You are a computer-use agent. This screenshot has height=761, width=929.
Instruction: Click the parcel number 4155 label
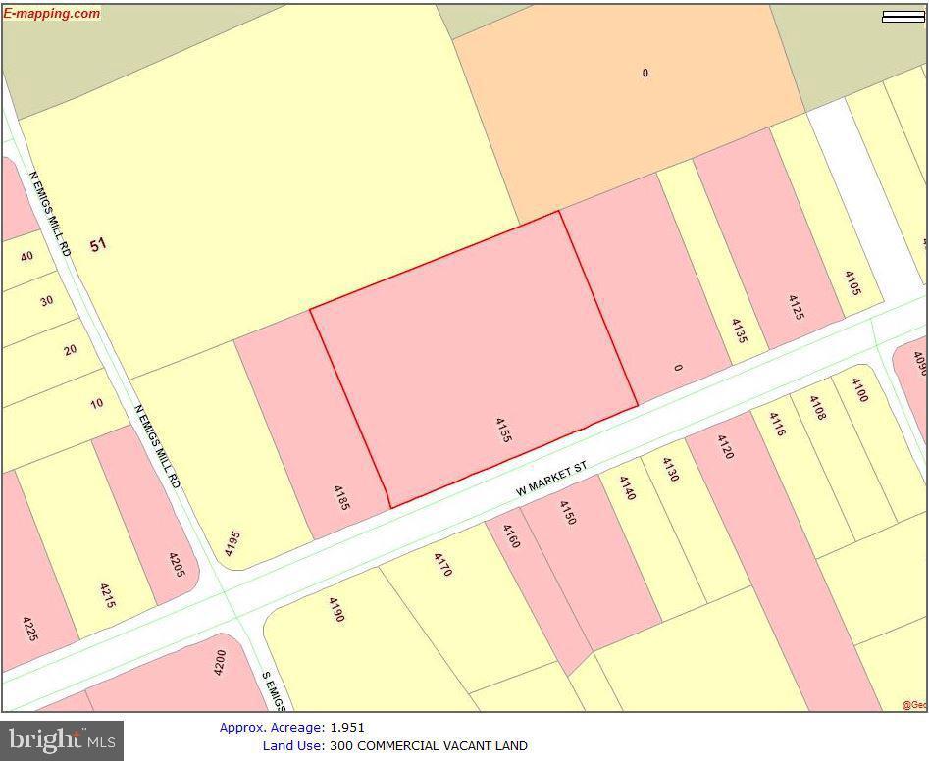(501, 430)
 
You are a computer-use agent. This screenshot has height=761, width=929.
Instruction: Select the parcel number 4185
(341, 497)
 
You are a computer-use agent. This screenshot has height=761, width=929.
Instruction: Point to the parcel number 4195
(232, 543)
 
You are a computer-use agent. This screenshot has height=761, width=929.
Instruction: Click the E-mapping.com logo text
(52, 13)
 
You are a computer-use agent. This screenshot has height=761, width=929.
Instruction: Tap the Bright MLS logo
(62, 739)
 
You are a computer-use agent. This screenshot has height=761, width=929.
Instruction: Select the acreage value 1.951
(346, 727)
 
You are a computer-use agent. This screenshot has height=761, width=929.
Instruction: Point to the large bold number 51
(98, 244)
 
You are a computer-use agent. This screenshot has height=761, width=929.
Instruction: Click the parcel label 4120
(725, 446)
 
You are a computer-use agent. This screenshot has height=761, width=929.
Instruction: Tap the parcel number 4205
(177, 567)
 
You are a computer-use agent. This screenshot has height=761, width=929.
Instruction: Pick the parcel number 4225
(30, 629)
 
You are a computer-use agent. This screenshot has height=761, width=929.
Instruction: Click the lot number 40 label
(27, 256)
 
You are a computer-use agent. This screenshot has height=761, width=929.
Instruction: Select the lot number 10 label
(96, 403)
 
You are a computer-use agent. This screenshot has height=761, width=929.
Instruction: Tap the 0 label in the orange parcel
(645, 73)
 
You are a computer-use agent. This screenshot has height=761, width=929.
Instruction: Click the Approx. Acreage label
(271, 727)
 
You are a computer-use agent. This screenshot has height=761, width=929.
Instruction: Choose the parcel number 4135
(739, 330)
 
